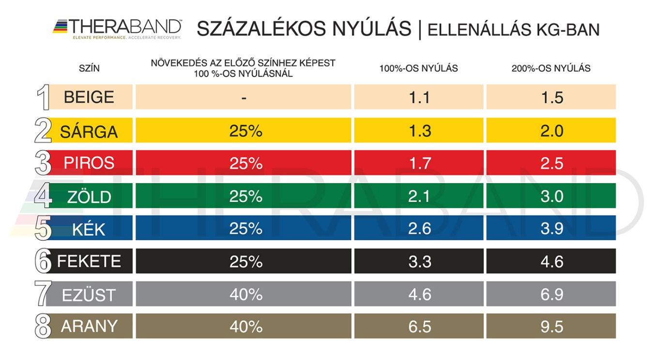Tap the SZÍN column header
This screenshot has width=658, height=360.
[89, 68]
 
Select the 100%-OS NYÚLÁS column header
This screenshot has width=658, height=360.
[418, 68]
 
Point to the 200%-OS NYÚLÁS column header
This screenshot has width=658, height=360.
[551, 68]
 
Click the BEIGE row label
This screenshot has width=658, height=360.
[89, 97]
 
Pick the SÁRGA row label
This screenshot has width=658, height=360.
[89, 131]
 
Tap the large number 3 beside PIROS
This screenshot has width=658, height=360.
[43, 163]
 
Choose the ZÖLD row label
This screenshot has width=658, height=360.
[89, 197]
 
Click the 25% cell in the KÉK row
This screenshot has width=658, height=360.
[245, 228]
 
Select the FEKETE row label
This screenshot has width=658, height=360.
[89, 261]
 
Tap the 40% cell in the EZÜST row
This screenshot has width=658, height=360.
[245, 294]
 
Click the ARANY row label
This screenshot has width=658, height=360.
[89, 327]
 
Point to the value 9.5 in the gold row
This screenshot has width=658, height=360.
[551, 327]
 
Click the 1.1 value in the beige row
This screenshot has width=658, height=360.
[419, 97]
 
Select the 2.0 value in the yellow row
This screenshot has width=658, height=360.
[551, 130]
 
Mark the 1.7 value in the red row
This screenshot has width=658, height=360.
[419, 163]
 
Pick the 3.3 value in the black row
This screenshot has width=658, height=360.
[419, 261]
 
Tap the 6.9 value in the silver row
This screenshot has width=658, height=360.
[551, 294]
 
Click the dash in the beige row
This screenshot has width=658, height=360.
[244, 97]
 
